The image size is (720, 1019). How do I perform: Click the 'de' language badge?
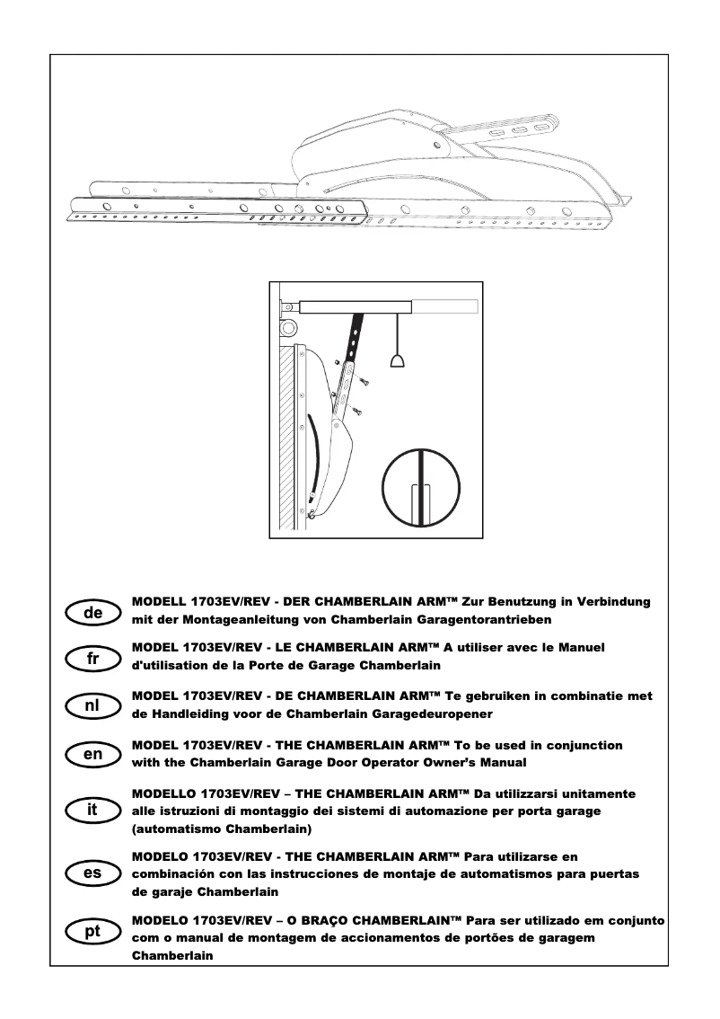[x=93, y=613]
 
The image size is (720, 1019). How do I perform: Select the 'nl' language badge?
[x=93, y=706]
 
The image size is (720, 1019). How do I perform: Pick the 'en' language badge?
[x=93, y=755]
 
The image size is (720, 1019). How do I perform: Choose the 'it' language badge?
[x=93, y=811]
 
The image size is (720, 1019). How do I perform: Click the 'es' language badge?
[x=93, y=873]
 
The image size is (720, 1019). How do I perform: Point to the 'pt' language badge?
[x=93, y=932]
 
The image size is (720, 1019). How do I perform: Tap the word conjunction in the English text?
[x=576, y=746]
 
